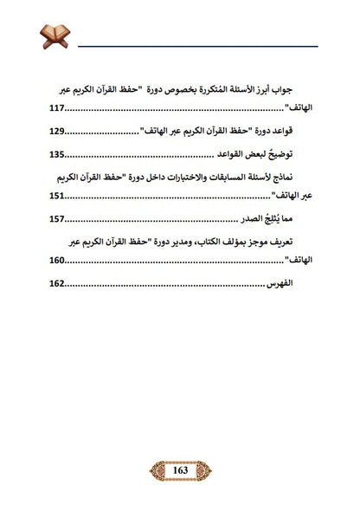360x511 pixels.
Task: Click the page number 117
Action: pyautogui.click(x=59, y=110)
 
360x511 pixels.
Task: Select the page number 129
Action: pyautogui.click(x=59, y=133)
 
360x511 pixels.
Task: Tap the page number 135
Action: pyautogui.click(x=59, y=155)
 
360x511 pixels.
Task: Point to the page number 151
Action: pyautogui.click(x=59, y=197)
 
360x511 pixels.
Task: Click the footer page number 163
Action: pyautogui.click(x=180, y=470)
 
